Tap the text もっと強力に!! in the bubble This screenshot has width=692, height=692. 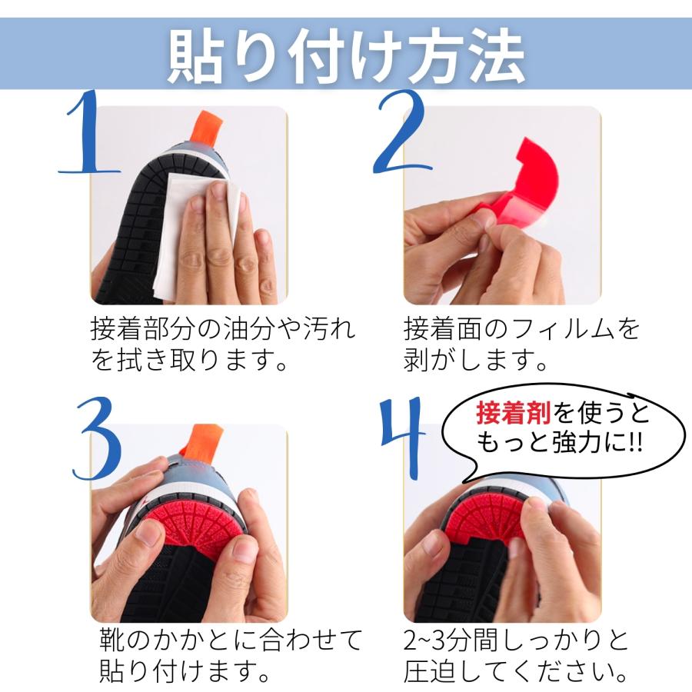[x=559, y=444]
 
